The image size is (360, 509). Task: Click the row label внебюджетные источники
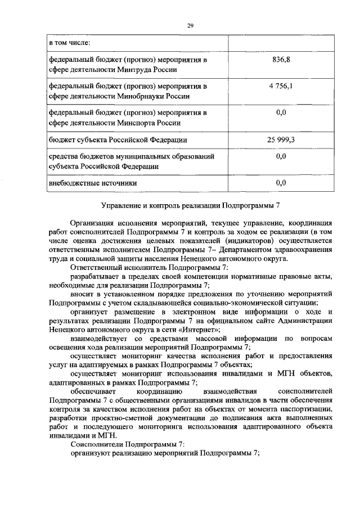tap(93, 183)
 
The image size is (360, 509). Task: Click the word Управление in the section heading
tap(120, 206)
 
